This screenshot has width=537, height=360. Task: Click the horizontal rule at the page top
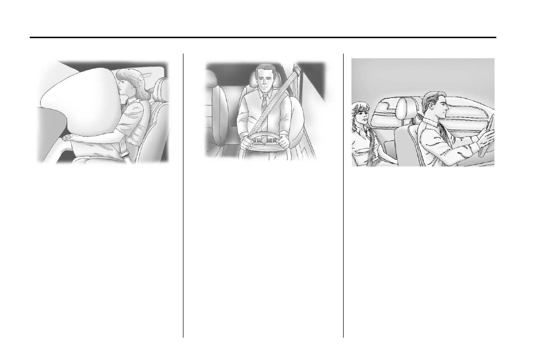point(263,37)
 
